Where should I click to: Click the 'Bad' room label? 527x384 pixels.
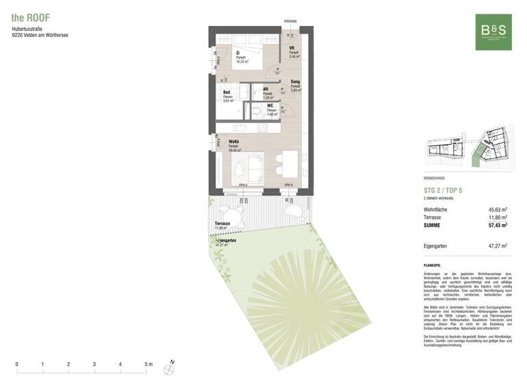(x=226, y=92)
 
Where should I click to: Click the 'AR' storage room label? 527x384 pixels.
(x=266, y=88)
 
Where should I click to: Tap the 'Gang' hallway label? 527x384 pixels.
(x=296, y=82)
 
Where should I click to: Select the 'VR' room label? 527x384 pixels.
(x=292, y=48)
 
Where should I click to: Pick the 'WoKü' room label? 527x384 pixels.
(x=233, y=142)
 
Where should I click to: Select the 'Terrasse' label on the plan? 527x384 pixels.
(x=222, y=224)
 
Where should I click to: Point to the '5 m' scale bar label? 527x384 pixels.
(x=147, y=364)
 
